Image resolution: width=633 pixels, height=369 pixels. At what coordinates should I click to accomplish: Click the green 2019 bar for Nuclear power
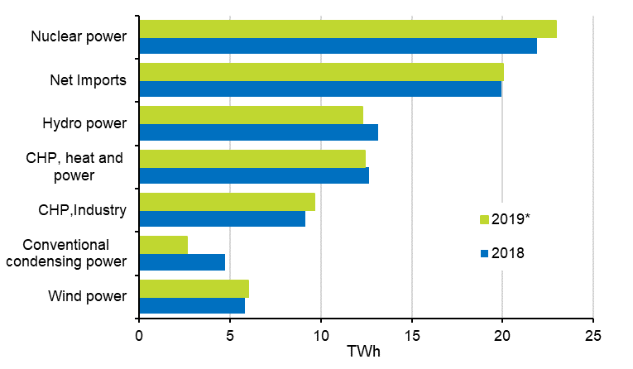pos(348,29)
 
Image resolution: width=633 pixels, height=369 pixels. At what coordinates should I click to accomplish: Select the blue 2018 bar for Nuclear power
pos(338,46)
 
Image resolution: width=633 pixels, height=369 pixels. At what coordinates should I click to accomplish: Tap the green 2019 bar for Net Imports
pos(321,72)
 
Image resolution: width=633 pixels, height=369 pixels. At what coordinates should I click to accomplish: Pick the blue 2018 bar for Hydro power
pos(258,132)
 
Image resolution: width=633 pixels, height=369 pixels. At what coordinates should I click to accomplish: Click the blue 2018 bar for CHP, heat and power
pos(254,175)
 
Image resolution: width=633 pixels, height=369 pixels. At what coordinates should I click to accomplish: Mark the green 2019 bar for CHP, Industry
pos(227,202)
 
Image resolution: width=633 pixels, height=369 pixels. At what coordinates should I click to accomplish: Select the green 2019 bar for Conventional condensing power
pos(163,245)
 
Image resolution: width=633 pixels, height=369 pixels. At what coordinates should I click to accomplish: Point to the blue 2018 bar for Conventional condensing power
pos(182,262)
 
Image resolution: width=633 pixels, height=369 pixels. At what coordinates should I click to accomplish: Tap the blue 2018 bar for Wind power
pos(192,305)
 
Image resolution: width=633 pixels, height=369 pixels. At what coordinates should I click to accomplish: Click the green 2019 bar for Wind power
pos(194,288)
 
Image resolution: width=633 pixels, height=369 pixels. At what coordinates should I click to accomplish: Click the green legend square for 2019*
pos(484,219)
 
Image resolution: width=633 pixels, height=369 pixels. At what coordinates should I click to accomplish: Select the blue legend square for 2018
pos(484,253)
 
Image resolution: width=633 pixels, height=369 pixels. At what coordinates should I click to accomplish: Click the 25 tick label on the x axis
pos(592,336)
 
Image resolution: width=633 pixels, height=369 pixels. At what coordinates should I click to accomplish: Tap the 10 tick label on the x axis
pos(320,336)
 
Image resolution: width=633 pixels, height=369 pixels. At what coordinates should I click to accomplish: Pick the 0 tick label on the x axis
pos(139,336)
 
